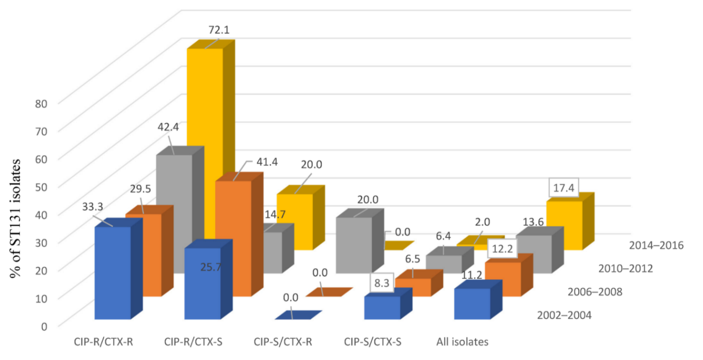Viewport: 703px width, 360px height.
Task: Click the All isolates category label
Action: pyautogui.click(x=462, y=341)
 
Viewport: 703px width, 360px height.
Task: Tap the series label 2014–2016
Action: pyautogui.click(x=657, y=245)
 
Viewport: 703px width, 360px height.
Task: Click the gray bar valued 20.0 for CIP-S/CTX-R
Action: pyautogui.click(x=354, y=245)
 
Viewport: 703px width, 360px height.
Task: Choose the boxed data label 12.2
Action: pyautogui.click(x=502, y=248)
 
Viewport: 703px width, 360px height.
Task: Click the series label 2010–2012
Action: pyautogui.click(x=626, y=268)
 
